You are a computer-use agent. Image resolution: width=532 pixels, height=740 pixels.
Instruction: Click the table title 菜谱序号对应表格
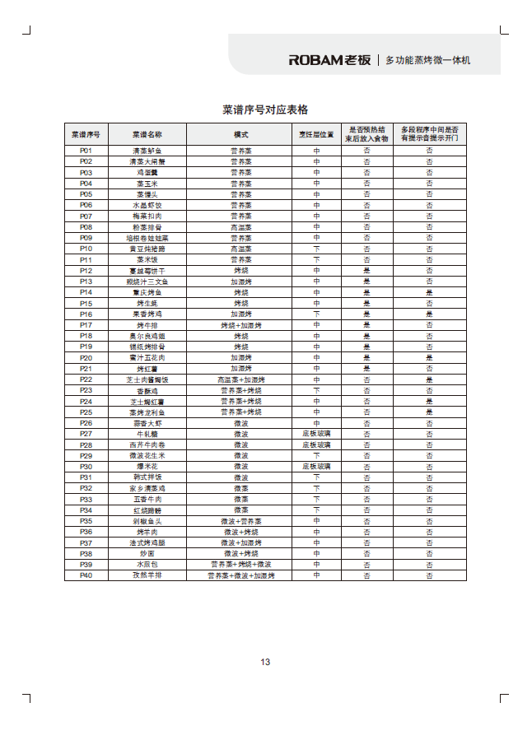click(265, 109)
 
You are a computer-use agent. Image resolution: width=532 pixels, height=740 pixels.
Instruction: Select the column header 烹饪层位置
click(316, 134)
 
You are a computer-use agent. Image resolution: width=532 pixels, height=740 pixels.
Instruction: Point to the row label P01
click(86, 151)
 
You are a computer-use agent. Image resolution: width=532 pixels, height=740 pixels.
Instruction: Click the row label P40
click(86, 575)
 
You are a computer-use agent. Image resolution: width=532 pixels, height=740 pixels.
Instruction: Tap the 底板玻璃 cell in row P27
click(316, 434)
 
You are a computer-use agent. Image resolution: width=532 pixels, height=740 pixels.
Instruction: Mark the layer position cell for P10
click(316, 249)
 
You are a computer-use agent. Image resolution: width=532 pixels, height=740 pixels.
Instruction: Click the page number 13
click(265, 662)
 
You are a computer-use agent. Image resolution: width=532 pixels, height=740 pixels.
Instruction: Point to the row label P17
click(86, 325)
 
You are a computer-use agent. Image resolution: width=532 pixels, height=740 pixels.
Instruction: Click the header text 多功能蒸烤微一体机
click(428, 61)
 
